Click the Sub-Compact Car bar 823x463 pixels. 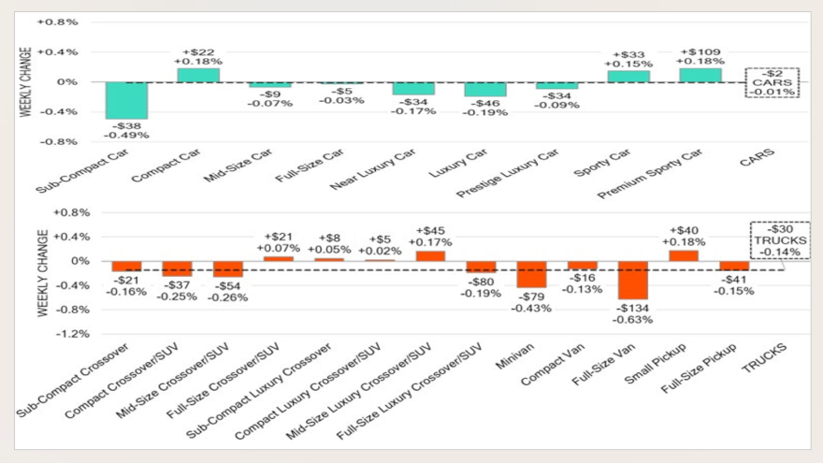[x=126, y=100]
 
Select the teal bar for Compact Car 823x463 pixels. [x=197, y=75]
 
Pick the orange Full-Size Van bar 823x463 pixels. [x=632, y=280]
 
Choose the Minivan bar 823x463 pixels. [x=530, y=274]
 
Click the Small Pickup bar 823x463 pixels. [x=683, y=255]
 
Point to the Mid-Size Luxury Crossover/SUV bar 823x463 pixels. [x=430, y=255]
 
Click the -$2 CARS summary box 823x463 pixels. [x=772, y=82]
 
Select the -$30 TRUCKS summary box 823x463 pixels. [x=779, y=239]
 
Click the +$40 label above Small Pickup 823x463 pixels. [x=683, y=231]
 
